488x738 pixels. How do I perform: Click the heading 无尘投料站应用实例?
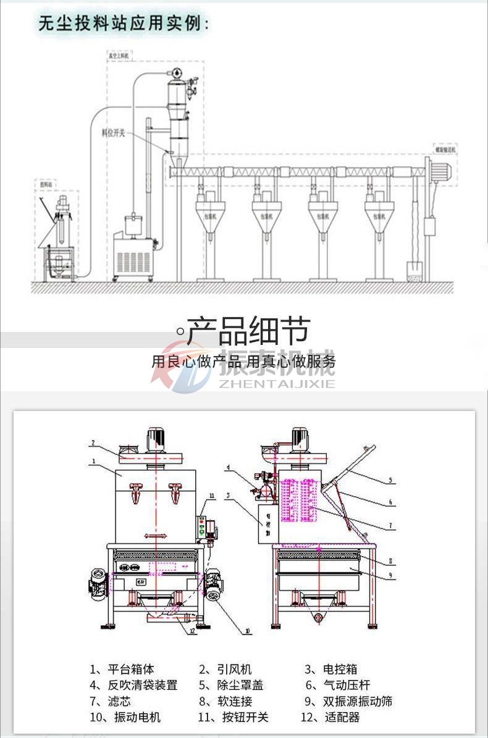(x=122, y=24)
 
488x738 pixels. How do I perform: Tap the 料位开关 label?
(x=114, y=132)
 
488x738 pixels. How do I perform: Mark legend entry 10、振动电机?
(x=125, y=717)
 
